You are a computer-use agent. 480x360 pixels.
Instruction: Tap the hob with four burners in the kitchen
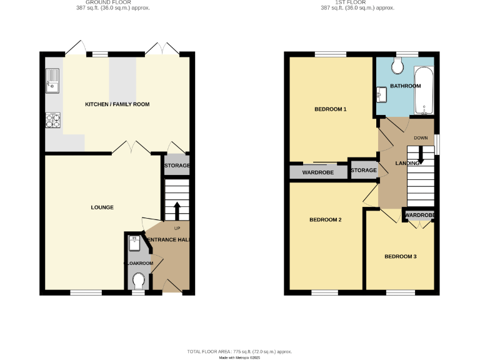pyautogui.click(x=52, y=119)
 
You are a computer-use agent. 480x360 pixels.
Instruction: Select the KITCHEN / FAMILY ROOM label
pyautogui.click(x=117, y=104)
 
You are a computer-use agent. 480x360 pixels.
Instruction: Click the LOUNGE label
pyautogui.click(x=102, y=207)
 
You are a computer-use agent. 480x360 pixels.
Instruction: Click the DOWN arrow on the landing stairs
pyautogui.click(x=421, y=154)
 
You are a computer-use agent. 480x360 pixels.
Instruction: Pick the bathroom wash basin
pyautogui.click(x=382, y=94)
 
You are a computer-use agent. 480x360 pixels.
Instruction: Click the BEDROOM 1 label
pyautogui.click(x=330, y=109)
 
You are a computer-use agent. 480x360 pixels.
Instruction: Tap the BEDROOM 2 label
pyautogui.click(x=326, y=219)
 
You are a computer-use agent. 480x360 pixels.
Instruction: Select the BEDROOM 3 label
pyautogui.click(x=400, y=256)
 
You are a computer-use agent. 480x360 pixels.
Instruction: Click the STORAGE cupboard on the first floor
pyautogui.click(x=364, y=170)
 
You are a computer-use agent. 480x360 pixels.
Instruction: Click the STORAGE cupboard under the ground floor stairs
pyautogui.click(x=176, y=165)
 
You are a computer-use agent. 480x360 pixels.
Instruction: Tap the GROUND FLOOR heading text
pyautogui.click(x=117, y=2)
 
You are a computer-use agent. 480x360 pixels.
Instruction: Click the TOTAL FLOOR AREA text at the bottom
pyautogui.click(x=240, y=352)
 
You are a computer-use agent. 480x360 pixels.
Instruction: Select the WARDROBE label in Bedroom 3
pyautogui.click(x=419, y=216)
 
